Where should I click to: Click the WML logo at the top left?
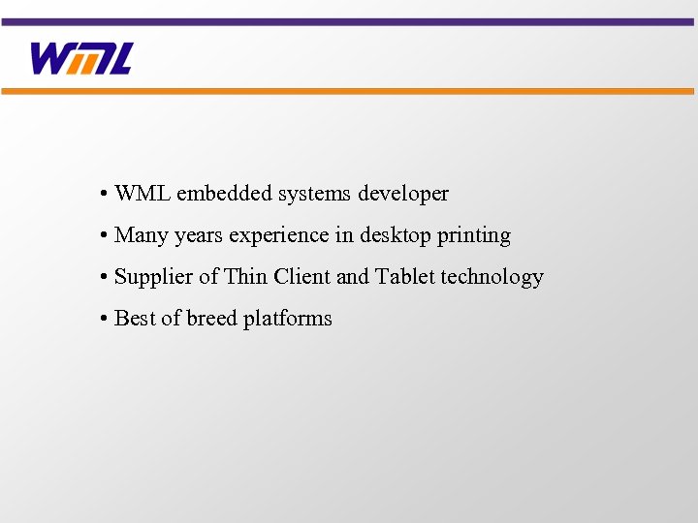click(81, 59)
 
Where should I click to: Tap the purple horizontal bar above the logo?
click(349, 21)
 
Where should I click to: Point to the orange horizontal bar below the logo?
click(349, 91)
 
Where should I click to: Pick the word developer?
click(403, 195)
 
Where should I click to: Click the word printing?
click(473, 236)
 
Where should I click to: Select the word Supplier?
click(153, 278)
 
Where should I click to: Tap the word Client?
click(302, 277)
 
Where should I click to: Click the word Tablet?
click(405, 277)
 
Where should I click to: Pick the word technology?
click(492, 278)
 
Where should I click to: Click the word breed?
click(211, 319)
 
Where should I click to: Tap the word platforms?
click(288, 320)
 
